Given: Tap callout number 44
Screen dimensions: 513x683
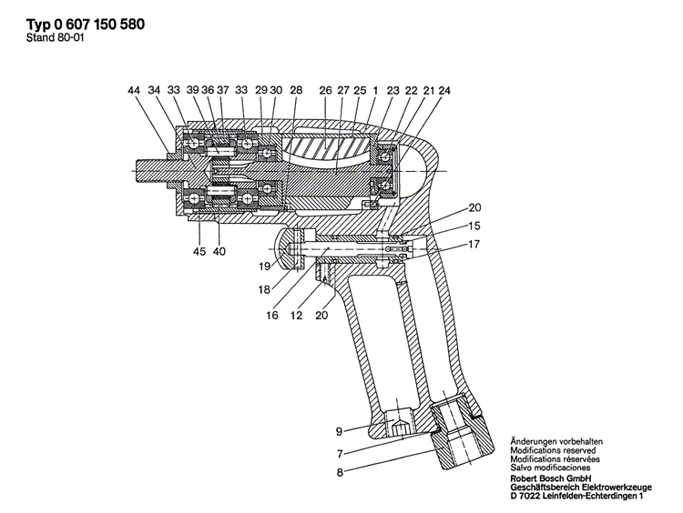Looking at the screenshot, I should point(135,90).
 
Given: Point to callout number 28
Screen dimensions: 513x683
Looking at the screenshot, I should point(295,90).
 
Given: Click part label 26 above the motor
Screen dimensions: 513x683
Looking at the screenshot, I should point(325,90).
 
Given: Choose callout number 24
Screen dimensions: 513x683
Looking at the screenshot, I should point(443,90).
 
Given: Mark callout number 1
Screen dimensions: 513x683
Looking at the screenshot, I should point(374,90).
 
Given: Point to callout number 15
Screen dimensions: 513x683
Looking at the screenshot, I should point(474,226).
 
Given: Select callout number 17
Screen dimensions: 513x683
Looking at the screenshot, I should point(474,244).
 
